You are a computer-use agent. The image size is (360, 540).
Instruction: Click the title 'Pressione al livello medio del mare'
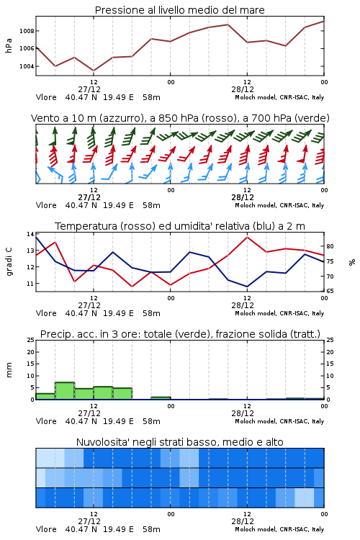coord(179,10)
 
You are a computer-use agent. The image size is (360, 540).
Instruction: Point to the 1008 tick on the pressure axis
coord(27,31)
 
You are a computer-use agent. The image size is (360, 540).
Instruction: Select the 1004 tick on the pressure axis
coord(27,66)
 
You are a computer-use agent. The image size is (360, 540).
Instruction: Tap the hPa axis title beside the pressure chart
coord(9,45)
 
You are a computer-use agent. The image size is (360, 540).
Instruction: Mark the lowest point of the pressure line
coord(94,71)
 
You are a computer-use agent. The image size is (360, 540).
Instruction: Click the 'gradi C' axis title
coord(9,261)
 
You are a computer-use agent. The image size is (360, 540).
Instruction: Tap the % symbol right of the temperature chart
coord(352,262)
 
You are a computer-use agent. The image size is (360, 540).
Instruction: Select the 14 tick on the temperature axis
coord(30,234)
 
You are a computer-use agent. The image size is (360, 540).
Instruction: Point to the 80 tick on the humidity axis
coord(330,246)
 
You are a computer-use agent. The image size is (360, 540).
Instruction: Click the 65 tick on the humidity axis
coord(330,291)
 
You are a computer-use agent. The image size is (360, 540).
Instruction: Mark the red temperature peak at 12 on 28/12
coord(247,237)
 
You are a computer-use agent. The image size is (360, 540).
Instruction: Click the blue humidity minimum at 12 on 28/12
coord(247,287)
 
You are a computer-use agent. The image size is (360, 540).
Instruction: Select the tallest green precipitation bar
coord(65,391)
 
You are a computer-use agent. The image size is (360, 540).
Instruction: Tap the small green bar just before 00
coord(161,398)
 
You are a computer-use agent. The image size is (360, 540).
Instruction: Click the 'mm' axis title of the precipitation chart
coord(9,369)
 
